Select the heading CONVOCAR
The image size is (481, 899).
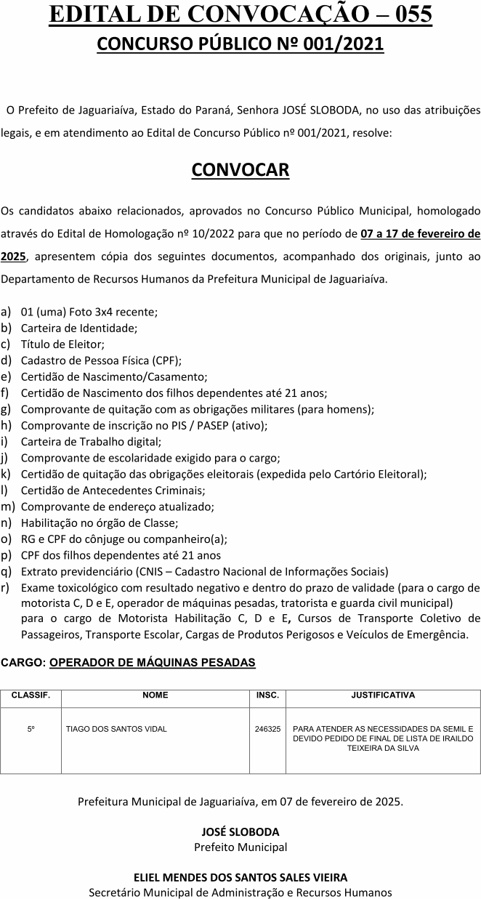coord(240,170)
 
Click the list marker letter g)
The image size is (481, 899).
coord(6,409)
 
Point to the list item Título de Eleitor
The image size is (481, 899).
coord(63,344)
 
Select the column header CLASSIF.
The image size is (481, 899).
coord(31,695)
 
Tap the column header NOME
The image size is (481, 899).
coord(155,695)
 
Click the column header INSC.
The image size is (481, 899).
coord(267,695)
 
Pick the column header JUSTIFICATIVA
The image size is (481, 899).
coord(383,695)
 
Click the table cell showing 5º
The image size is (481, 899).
coord(31,728)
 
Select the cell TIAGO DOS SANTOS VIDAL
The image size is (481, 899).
coord(116,728)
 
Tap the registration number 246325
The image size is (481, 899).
coord(267,728)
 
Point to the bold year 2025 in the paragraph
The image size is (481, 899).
coord(14,257)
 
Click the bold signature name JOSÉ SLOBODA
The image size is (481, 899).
coord(240,832)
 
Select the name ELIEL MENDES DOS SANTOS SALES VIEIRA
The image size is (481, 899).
coord(240,877)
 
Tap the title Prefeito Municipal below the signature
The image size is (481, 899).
coord(240,847)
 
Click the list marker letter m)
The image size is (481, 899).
coord(7,507)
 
